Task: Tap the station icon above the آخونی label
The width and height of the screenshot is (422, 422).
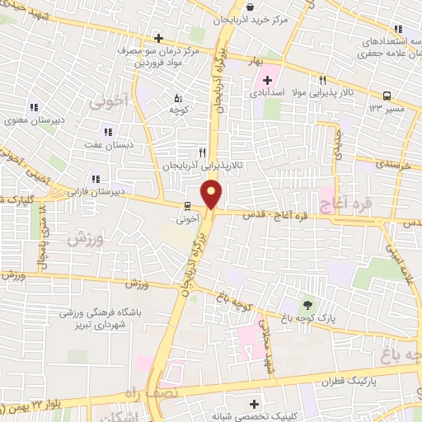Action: pyautogui.click(x=187, y=206)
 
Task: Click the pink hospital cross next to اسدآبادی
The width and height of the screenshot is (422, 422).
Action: pyautogui.click(x=266, y=80)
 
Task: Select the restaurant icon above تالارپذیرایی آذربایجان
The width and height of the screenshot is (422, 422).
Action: pyautogui.click(x=203, y=152)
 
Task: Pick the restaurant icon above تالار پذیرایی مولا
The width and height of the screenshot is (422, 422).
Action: pyautogui.click(x=322, y=80)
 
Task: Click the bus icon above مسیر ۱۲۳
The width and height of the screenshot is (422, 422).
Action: pyautogui.click(x=387, y=95)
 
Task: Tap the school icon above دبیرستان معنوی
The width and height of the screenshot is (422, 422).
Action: pyautogui.click(x=34, y=107)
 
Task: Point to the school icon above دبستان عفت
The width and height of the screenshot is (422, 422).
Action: pyautogui.click(x=106, y=132)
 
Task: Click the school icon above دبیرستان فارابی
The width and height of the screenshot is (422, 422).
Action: pyautogui.click(x=96, y=178)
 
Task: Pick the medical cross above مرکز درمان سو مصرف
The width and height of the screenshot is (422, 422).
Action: pyautogui.click(x=158, y=38)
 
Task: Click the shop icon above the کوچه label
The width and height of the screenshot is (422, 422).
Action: pyautogui.click(x=176, y=97)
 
